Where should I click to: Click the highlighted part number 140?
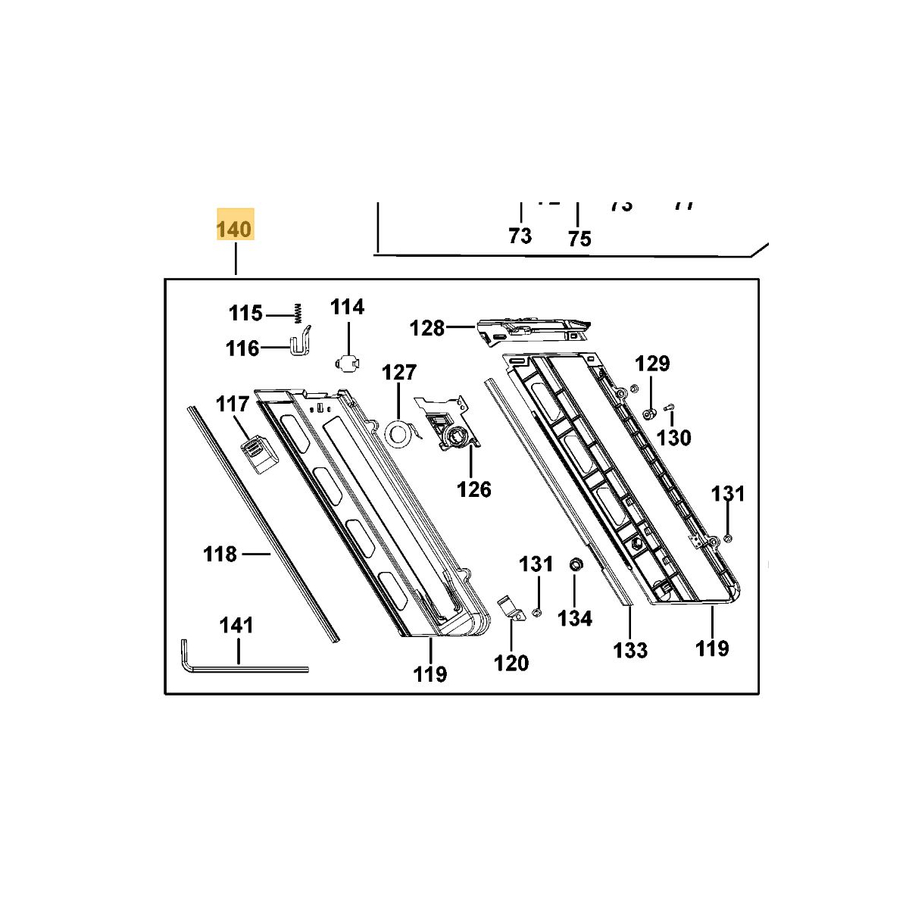[235, 227]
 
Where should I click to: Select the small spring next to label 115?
[298, 312]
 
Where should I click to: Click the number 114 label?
[347, 307]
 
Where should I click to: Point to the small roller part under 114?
[347, 363]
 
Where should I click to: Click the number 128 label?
[427, 328]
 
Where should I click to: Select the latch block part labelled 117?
[258, 453]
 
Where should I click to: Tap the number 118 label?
[220, 554]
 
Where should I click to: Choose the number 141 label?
[236, 626]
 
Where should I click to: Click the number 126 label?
[474, 489]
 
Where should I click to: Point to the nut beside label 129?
[649, 414]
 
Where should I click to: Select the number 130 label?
[673, 438]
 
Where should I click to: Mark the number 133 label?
[630, 650]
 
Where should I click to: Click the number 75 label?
[579, 239]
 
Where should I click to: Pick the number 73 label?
[520, 236]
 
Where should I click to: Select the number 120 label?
[511, 664]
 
